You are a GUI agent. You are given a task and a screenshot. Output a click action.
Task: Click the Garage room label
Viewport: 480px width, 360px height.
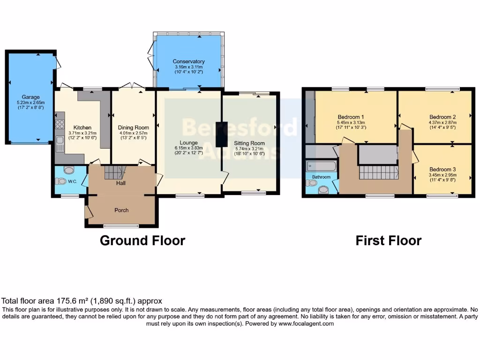pos(30,97)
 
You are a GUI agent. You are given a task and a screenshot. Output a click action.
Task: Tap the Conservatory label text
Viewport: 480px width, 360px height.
pos(188,61)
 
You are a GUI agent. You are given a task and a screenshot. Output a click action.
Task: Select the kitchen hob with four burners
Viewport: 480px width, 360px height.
pos(60,124)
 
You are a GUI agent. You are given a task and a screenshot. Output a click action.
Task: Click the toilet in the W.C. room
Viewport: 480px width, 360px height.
pos(61,181)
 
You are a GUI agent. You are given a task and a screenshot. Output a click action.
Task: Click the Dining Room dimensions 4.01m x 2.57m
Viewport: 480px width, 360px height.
pos(134,133)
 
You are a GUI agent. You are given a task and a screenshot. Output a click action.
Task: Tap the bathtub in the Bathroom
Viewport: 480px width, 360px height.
pos(321,166)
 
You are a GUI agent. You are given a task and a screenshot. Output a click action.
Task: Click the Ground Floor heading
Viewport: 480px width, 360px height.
pos(142,240)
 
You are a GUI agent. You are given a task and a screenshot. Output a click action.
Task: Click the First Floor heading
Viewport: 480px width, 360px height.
pos(388,240)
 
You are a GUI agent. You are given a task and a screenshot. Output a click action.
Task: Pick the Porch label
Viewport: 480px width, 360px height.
pos(121,210)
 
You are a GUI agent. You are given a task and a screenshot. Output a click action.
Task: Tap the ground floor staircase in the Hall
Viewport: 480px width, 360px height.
pos(114,172)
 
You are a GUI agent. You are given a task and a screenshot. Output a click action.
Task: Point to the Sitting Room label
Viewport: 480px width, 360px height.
pos(249,143)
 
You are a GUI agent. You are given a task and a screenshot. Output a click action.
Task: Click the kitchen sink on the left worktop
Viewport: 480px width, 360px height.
pos(60,140)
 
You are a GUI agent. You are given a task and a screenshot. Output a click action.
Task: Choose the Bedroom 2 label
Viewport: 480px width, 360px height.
pos(442,117)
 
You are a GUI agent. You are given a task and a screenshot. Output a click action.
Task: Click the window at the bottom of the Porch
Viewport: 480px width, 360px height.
pos(121,226)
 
